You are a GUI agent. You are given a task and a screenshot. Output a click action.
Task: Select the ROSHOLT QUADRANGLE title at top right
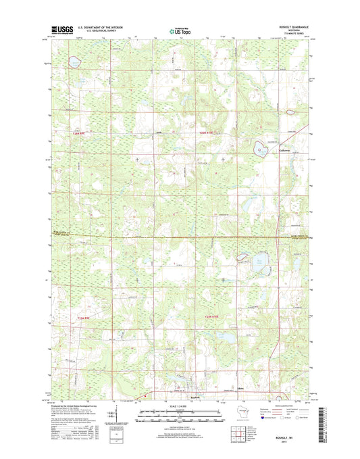pos(288,26)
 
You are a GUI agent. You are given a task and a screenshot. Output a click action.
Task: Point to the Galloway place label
pos(284,150)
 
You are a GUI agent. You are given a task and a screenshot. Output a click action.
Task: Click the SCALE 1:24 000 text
pos(180,407)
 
